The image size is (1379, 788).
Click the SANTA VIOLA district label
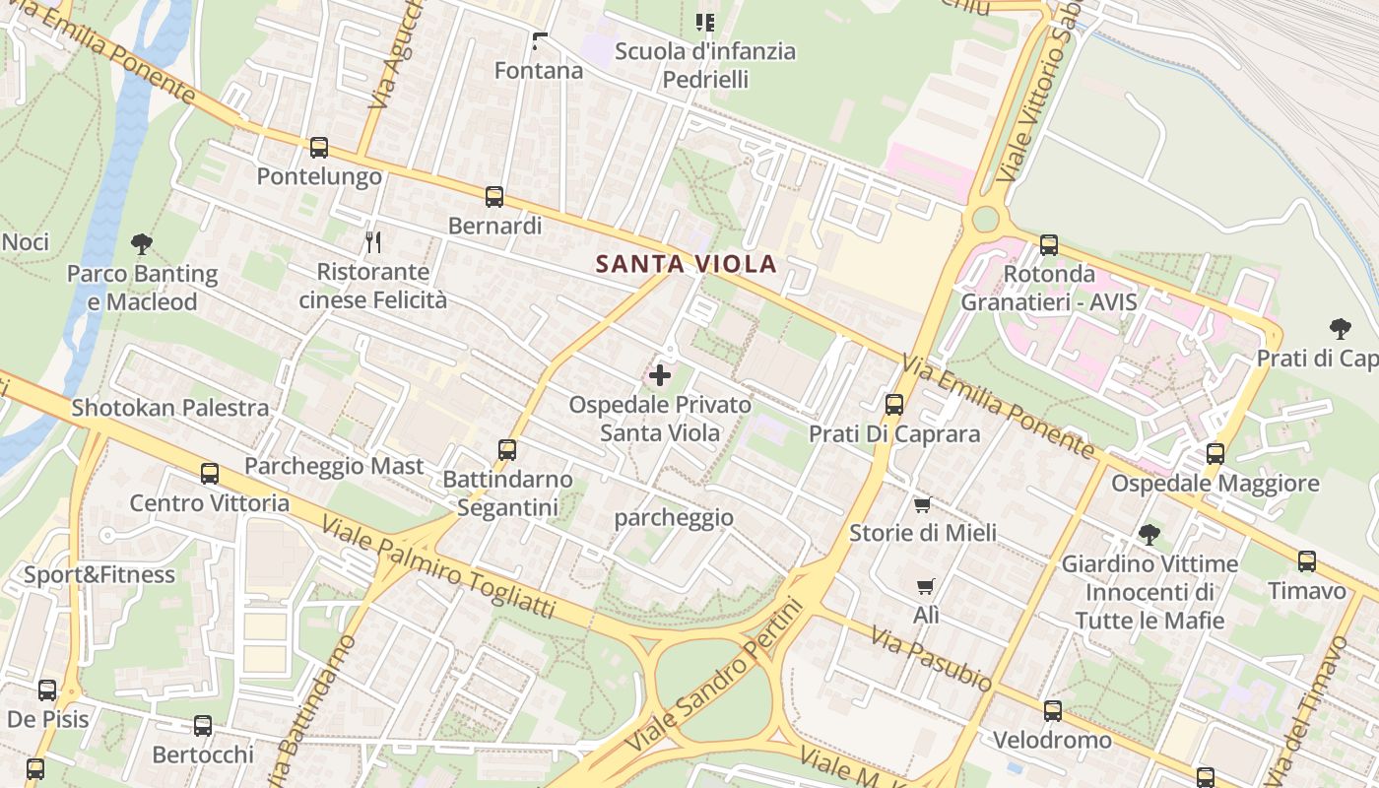click(687, 264)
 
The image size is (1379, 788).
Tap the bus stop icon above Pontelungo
click(318, 148)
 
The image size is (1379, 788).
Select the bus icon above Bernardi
click(494, 197)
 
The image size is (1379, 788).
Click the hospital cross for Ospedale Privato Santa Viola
click(660, 375)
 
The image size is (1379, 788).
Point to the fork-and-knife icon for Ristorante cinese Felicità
click(372, 241)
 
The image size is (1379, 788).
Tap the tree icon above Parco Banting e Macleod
click(142, 243)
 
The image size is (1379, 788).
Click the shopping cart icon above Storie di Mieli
click(922, 504)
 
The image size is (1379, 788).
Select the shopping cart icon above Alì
click(925, 587)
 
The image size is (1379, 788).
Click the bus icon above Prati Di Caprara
click(894, 404)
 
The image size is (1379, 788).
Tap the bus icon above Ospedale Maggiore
click(1215, 453)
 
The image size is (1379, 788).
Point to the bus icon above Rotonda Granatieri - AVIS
click(1049, 244)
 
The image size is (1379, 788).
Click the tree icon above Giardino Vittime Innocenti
click(1149, 535)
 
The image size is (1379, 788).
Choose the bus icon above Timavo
click(1307, 561)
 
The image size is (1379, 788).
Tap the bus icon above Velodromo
click(1053, 710)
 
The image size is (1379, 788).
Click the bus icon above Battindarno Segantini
click(507, 450)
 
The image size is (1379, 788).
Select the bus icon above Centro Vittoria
click(210, 474)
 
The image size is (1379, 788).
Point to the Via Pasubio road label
click(932, 658)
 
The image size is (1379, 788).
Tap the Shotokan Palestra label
click(170, 408)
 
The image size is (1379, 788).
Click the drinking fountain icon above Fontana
click(539, 41)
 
